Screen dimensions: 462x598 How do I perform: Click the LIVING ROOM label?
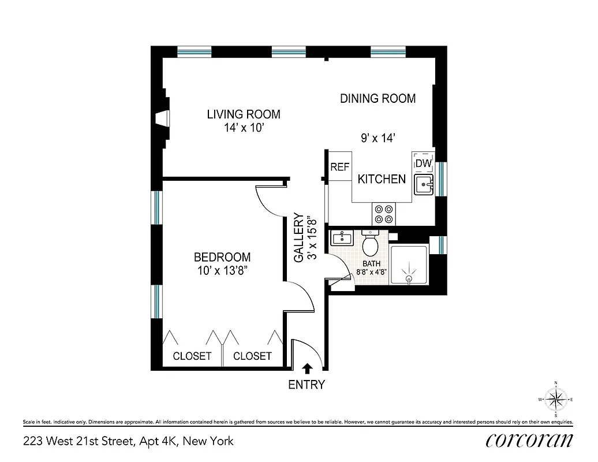244,114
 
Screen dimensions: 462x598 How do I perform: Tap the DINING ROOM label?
378,99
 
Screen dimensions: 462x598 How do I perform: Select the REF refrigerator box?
340,167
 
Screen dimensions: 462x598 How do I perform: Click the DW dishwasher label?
424,163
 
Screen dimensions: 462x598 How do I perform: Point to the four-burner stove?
384,214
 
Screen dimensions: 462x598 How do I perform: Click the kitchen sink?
423,185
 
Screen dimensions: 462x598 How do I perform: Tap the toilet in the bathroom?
370,245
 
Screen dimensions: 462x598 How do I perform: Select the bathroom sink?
343,238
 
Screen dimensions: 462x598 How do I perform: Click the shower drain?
409,278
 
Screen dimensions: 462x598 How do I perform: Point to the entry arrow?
307,367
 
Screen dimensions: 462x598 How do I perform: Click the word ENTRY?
307,385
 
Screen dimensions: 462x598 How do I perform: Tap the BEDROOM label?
222,258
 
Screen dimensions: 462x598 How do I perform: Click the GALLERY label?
299,238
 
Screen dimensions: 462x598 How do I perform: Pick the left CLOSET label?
192,356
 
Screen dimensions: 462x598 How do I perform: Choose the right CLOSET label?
252,356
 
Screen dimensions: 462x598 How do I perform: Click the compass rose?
556,399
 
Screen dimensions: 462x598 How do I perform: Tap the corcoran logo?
529,440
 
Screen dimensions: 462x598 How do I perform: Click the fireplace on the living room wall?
163,118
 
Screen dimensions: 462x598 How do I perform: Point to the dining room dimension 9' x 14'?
378,138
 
